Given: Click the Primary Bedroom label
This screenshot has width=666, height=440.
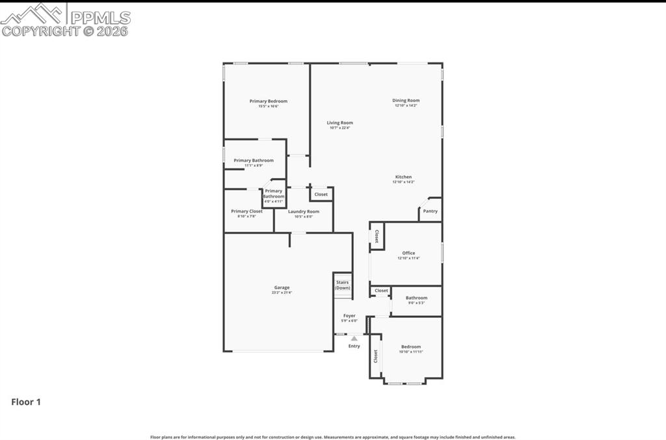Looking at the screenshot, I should tap(268, 101).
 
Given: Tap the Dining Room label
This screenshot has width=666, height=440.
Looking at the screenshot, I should tap(406, 101).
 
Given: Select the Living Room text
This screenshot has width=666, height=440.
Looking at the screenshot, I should tap(340, 123).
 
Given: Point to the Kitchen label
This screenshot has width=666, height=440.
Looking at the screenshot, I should tap(403, 177).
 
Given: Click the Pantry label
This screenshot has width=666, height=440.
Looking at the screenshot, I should tap(431, 211).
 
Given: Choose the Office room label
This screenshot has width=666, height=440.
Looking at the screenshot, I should tap(408, 253).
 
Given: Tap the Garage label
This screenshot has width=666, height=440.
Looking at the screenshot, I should tap(282, 288).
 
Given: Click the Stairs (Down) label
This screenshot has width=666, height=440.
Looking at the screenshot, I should tap(343, 285).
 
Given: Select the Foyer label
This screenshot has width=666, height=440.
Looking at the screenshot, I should tap(350, 316).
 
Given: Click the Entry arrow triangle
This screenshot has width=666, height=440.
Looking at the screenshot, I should tap(354, 338).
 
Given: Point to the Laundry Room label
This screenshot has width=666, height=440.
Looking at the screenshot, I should tap(304, 212).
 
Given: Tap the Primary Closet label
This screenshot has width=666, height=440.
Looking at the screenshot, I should tap(246, 211).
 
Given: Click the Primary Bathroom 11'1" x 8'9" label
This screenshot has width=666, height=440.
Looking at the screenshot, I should tap(254, 161).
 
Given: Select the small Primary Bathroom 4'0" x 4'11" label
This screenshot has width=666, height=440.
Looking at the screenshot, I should tap(273, 194).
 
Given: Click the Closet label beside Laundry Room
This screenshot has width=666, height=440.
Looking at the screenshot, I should tap(321, 194).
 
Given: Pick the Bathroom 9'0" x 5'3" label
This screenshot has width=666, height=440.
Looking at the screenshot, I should tap(416, 298).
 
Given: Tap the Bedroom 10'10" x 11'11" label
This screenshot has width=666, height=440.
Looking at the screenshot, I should tap(411, 347).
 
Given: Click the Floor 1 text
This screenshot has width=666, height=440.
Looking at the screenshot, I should tap(26, 402).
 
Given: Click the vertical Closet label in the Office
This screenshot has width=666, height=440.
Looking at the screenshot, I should tap(377, 237).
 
